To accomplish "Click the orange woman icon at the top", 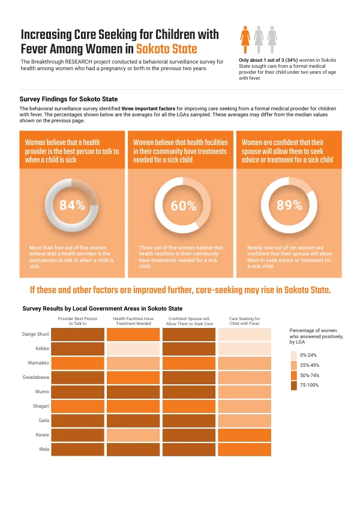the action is coord(245,40).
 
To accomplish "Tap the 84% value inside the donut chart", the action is coord(72,205).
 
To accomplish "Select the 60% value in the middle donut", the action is coord(184,206).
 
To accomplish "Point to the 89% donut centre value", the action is coord(289,205).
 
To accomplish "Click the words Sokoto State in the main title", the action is coord(167,49).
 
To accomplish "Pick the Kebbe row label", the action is coord(42,348).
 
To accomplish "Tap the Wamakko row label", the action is coord(38,363).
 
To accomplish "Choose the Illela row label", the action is coord(44,449).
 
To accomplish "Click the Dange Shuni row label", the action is coord(35,334).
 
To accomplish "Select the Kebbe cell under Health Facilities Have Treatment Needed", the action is coord(133,349).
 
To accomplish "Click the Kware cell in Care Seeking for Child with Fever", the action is coord(244,435).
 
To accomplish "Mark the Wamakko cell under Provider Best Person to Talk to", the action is coord(77,363).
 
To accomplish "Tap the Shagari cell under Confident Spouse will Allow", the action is coord(189,406).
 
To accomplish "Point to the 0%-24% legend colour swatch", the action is coord(294,355).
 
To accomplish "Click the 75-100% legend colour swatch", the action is coord(294,385).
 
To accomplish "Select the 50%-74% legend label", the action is coord(310,375).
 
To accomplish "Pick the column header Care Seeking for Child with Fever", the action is coord(245,321).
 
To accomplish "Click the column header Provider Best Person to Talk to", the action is coord(77,321).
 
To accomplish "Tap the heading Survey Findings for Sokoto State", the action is coord(68,99).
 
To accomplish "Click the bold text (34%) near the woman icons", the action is coord(292,60).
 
